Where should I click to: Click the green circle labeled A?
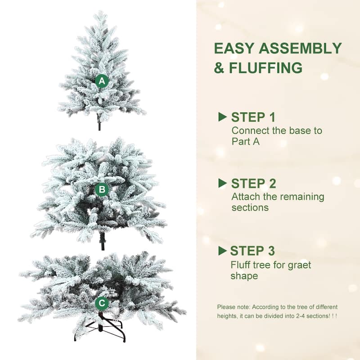pos(102,81)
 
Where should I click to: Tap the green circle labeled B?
pos(102,190)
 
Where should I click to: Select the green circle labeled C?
pos(102,303)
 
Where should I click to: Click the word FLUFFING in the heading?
pos(265,68)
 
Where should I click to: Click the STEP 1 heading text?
pos(253,117)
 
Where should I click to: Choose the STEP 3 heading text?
pos(252,251)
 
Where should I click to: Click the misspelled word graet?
pos(297,264)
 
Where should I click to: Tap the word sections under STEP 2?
pos(250,208)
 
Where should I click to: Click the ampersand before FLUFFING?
pos(219,68)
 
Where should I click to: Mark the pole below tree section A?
pos(99,123)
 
